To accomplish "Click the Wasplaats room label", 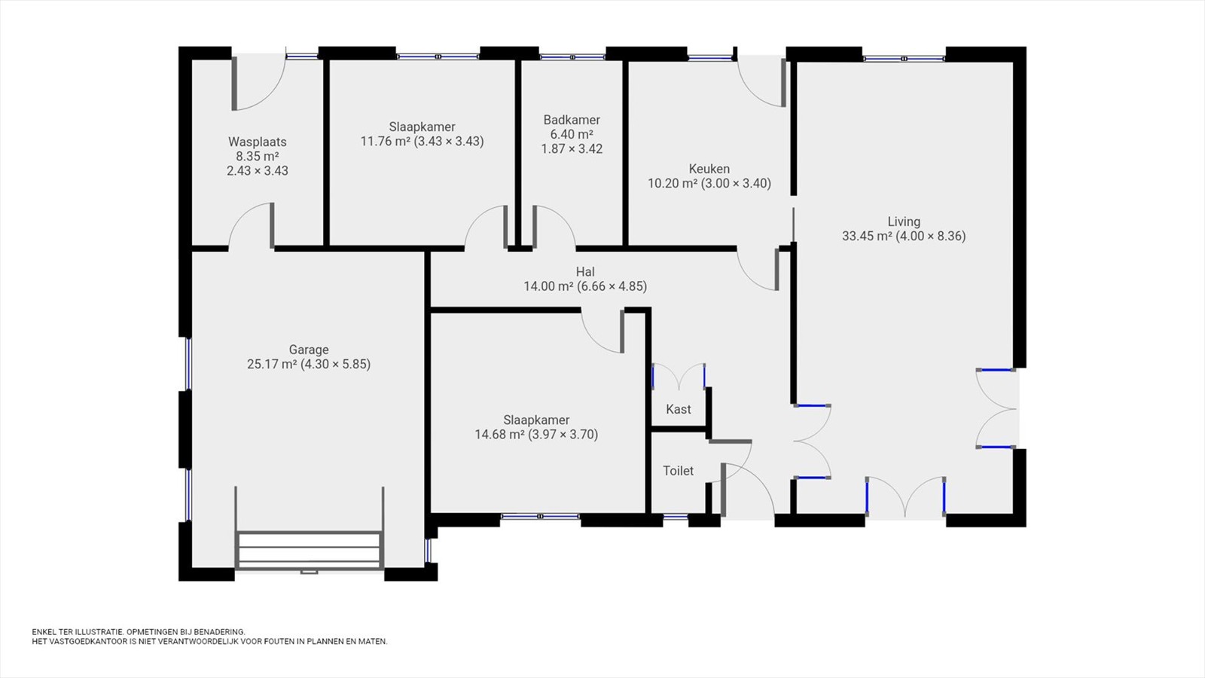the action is click(257, 142).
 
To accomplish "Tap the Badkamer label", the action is click(572, 120).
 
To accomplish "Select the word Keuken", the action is click(709, 169).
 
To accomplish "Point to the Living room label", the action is click(904, 221).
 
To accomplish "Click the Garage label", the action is click(309, 350).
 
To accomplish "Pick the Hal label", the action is click(585, 272).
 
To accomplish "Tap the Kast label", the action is click(679, 410).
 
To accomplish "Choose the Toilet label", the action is click(679, 471).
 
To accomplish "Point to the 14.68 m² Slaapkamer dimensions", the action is click(536, 435).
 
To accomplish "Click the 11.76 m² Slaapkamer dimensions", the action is click(423, 142).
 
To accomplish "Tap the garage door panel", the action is click(310, 550).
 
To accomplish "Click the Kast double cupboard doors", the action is click(679, 376).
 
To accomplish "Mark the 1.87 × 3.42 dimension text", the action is click(572, 149).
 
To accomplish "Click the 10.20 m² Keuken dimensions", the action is click(709, 184).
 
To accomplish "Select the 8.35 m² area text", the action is click(257, 157).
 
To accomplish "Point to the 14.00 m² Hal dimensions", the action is click(585, 286).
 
